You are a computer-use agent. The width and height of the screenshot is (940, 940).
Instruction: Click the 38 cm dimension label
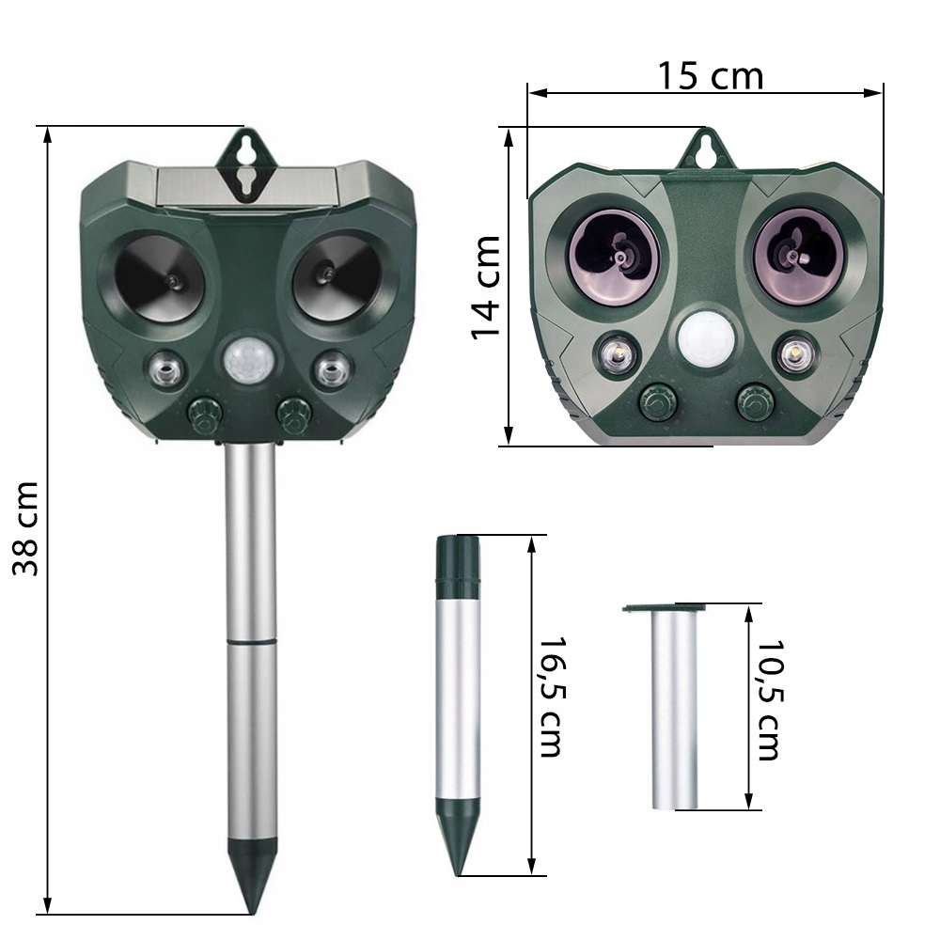pyautogui.click(x=25, y=528)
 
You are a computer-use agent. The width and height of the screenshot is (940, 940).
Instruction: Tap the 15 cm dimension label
pyautogui.click(x=711, y=76)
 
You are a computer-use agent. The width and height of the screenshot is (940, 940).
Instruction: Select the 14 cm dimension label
pyautogui.click(x=486, y=287)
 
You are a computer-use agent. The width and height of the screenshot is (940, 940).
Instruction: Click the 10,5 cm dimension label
pyautogui.click(x=771, y=700)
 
